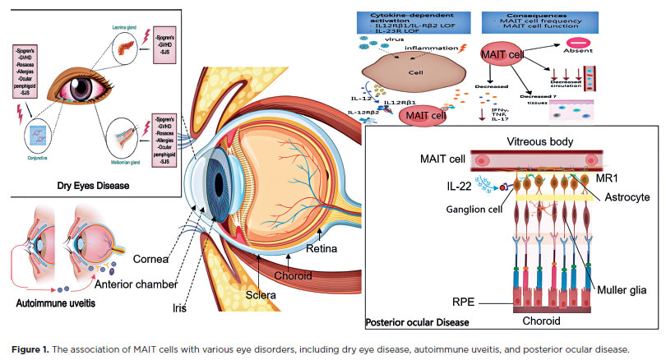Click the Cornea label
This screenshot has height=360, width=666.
(x=153, y=261)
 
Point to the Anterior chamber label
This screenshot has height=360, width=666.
(x=136, y=285)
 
